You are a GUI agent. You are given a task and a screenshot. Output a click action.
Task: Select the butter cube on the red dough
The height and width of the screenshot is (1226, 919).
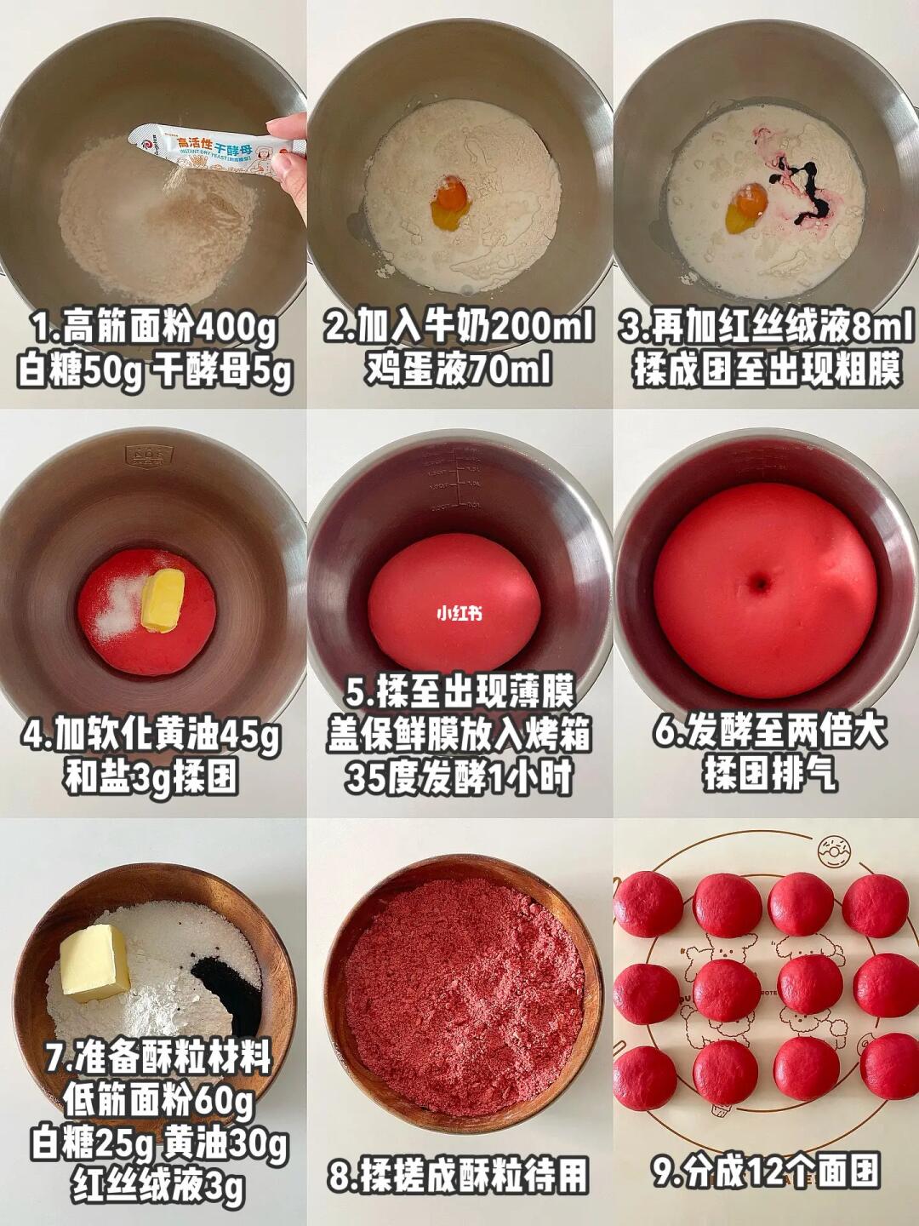[x=163, y=600]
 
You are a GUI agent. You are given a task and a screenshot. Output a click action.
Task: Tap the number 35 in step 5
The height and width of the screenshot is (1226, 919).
[x=362, y=778]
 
